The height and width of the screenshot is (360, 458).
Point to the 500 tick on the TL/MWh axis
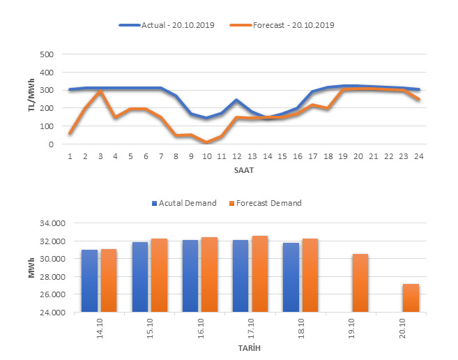pyautogui.click(x=47, y=54)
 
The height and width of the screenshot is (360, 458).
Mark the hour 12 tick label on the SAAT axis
pyautogui.click(x=236, y=156)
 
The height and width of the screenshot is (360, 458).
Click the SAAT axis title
pyautogui.click(x=244, y=170)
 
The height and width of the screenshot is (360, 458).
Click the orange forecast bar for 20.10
pyautogui.click(x=411, y=298)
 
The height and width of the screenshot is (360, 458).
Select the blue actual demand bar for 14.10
pyautogui.click(x=89, y=280)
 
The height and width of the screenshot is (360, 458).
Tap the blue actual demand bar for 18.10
pyautogui.click(x=291, y=277)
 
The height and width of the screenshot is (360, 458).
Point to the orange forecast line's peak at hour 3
pyautogui.click(x=100, y=91)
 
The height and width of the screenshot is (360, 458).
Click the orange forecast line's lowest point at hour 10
pyautogui.click(x=206, y=142)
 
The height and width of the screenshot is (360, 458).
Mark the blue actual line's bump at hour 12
pyautogui.click(x=236, y=100)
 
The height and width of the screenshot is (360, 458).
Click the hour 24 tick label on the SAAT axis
pyautogui.click(x=418, y=156)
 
